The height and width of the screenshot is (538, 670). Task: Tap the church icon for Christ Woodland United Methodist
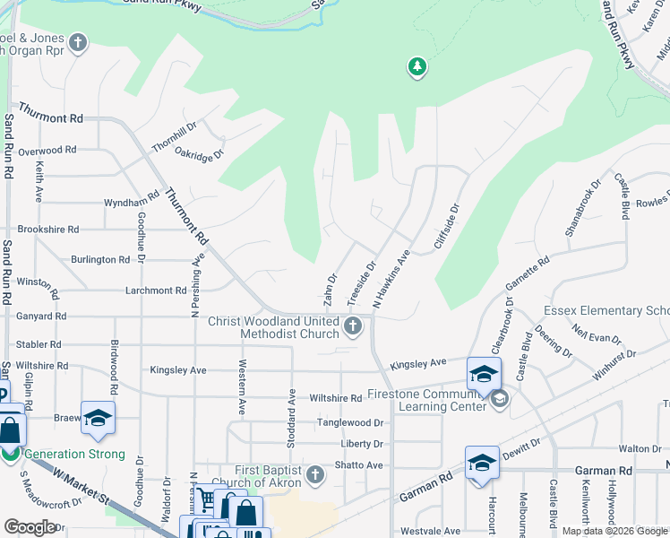click(354, 325)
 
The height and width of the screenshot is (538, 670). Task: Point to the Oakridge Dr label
click(198, 154)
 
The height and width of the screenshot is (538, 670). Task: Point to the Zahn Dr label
click(330, 288)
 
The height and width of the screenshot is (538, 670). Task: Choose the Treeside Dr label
click(361, 281)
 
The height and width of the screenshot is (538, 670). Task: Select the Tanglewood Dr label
click(349, 422)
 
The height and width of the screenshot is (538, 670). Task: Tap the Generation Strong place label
click(74, 455)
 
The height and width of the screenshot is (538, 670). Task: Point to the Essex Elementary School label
click(606, 311)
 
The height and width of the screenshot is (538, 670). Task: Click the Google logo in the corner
click(30, 526)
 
